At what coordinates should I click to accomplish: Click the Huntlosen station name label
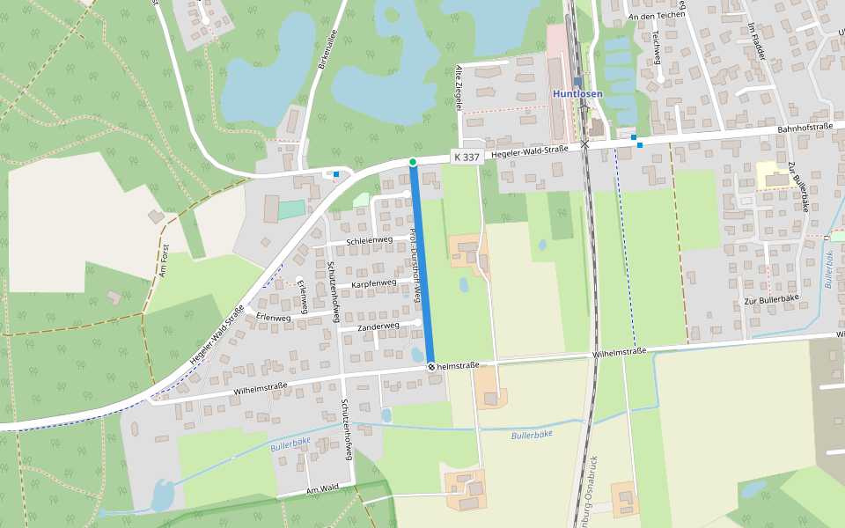click(x=577, y=94)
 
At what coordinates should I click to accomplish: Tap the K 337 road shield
click(x=466, y=157)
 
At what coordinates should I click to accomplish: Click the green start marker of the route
click(x=412, y=162)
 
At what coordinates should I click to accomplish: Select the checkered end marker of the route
click(x=431, y=366)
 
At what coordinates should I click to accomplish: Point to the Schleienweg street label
click(x=370, y=240)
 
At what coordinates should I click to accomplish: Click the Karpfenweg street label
click(x=374, y=284)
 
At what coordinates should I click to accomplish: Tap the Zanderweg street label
click(x=378, y=326)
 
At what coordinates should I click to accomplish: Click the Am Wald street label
click(x=322, y=489)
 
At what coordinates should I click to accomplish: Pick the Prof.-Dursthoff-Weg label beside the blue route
click(x=415, y=264)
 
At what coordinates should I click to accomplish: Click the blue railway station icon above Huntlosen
click(x=577, y=81)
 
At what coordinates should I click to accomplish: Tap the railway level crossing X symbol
click(x=584, y=144)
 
